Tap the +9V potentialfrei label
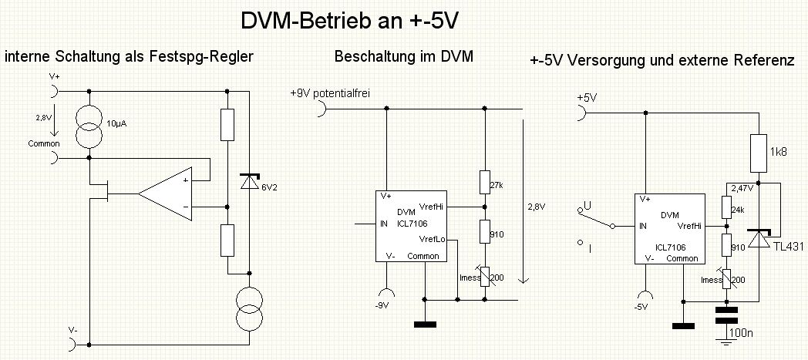(x=330, y=93)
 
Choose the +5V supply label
(x=587, y=98)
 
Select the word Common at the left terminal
(x=43, y=143)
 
